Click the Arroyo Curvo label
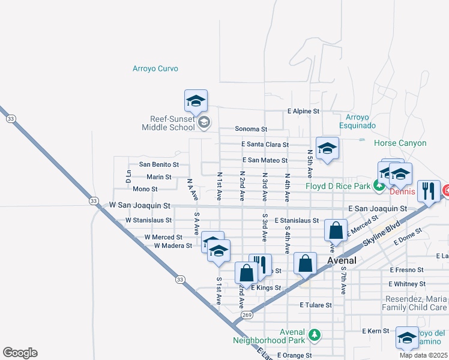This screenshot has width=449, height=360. click(155, 68)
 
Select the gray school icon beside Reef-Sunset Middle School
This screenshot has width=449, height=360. click(204, 122)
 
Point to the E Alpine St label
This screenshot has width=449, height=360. click(304, 112)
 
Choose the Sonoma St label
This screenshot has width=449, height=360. click(250, 129)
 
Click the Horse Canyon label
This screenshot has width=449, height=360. click(400, 143)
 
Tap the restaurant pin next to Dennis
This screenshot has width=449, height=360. click(429, 191)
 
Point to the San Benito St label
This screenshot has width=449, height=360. click(159, 164)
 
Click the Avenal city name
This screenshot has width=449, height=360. click(342, 260)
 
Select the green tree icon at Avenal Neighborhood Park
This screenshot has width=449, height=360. click(313, 334)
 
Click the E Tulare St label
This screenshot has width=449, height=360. click(316, 305)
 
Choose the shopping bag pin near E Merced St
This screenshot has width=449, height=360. click(336, 230)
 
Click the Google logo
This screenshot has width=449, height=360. click(20, 353)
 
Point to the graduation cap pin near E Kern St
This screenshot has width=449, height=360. click(407, 338)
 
